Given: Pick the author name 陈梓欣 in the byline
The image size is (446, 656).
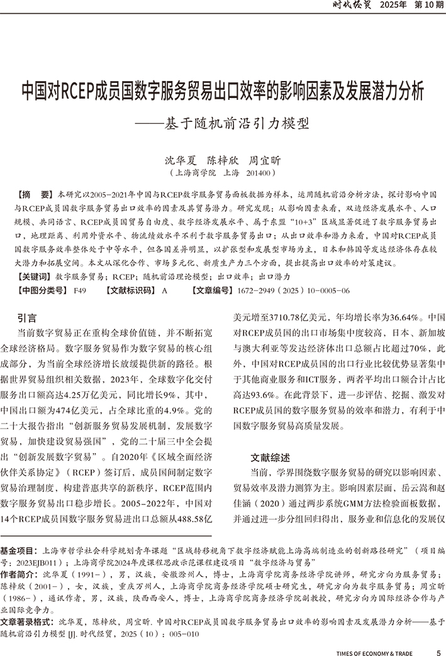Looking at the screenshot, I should [223, 160].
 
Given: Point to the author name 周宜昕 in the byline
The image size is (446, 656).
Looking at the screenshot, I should [265, 160].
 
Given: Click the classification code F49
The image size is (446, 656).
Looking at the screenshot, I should [80, 290].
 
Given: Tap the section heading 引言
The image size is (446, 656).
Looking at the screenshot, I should [27, 318].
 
